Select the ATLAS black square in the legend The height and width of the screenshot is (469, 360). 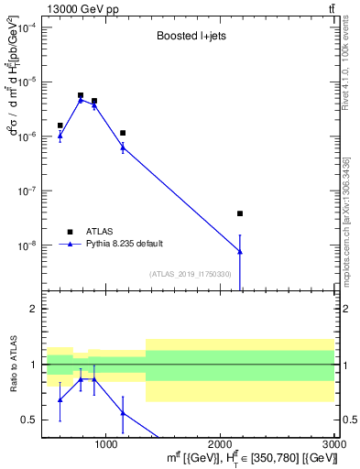[x=70, y=231]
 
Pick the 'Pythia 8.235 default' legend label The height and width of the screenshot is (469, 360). [x=125, y=244]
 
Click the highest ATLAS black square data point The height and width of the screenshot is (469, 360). [x=81, y=95]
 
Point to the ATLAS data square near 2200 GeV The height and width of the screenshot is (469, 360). [x=240, y=213]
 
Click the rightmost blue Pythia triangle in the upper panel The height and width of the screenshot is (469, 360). [x=240, y=251]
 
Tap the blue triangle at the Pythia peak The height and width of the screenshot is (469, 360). [x=81, y=100]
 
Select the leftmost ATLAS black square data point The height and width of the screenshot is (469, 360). [x=60, y=125]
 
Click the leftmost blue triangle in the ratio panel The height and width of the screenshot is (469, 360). [x=60, y=399]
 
